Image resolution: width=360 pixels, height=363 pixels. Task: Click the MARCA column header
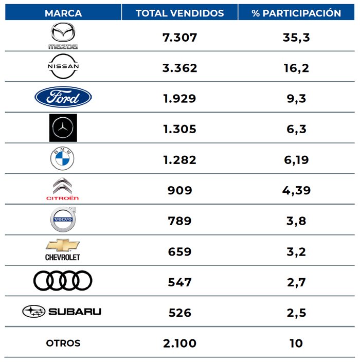point(63,13)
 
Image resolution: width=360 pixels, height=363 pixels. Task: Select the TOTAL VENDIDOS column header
point(179,13)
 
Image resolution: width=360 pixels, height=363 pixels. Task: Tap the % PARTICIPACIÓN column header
point(296,13)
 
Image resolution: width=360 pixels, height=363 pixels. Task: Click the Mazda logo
point(63,36)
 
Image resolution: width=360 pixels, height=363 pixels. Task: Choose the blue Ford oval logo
point(63,97)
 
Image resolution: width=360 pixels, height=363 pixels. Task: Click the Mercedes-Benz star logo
point(63,128)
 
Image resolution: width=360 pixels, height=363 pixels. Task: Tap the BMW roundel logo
point(62,158)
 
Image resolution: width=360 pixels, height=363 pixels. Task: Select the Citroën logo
point(63,189)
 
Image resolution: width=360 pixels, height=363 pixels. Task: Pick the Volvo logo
point(63,219)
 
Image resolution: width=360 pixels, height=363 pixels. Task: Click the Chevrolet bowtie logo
point(63,250)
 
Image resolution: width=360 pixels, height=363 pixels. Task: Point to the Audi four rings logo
point(63,280)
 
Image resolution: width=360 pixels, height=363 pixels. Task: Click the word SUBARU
point(75,312)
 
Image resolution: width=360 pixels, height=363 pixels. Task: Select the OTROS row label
point(63,343)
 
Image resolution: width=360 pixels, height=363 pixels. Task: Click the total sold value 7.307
point(179,38)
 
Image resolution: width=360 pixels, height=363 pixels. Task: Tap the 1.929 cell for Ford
point(179,99)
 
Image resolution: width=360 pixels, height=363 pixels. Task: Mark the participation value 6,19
point(296,160)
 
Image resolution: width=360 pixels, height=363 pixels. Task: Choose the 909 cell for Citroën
point(179,190)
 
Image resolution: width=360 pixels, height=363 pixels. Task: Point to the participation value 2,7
point(296,282)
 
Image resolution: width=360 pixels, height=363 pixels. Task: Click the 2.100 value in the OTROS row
point(179,343)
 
